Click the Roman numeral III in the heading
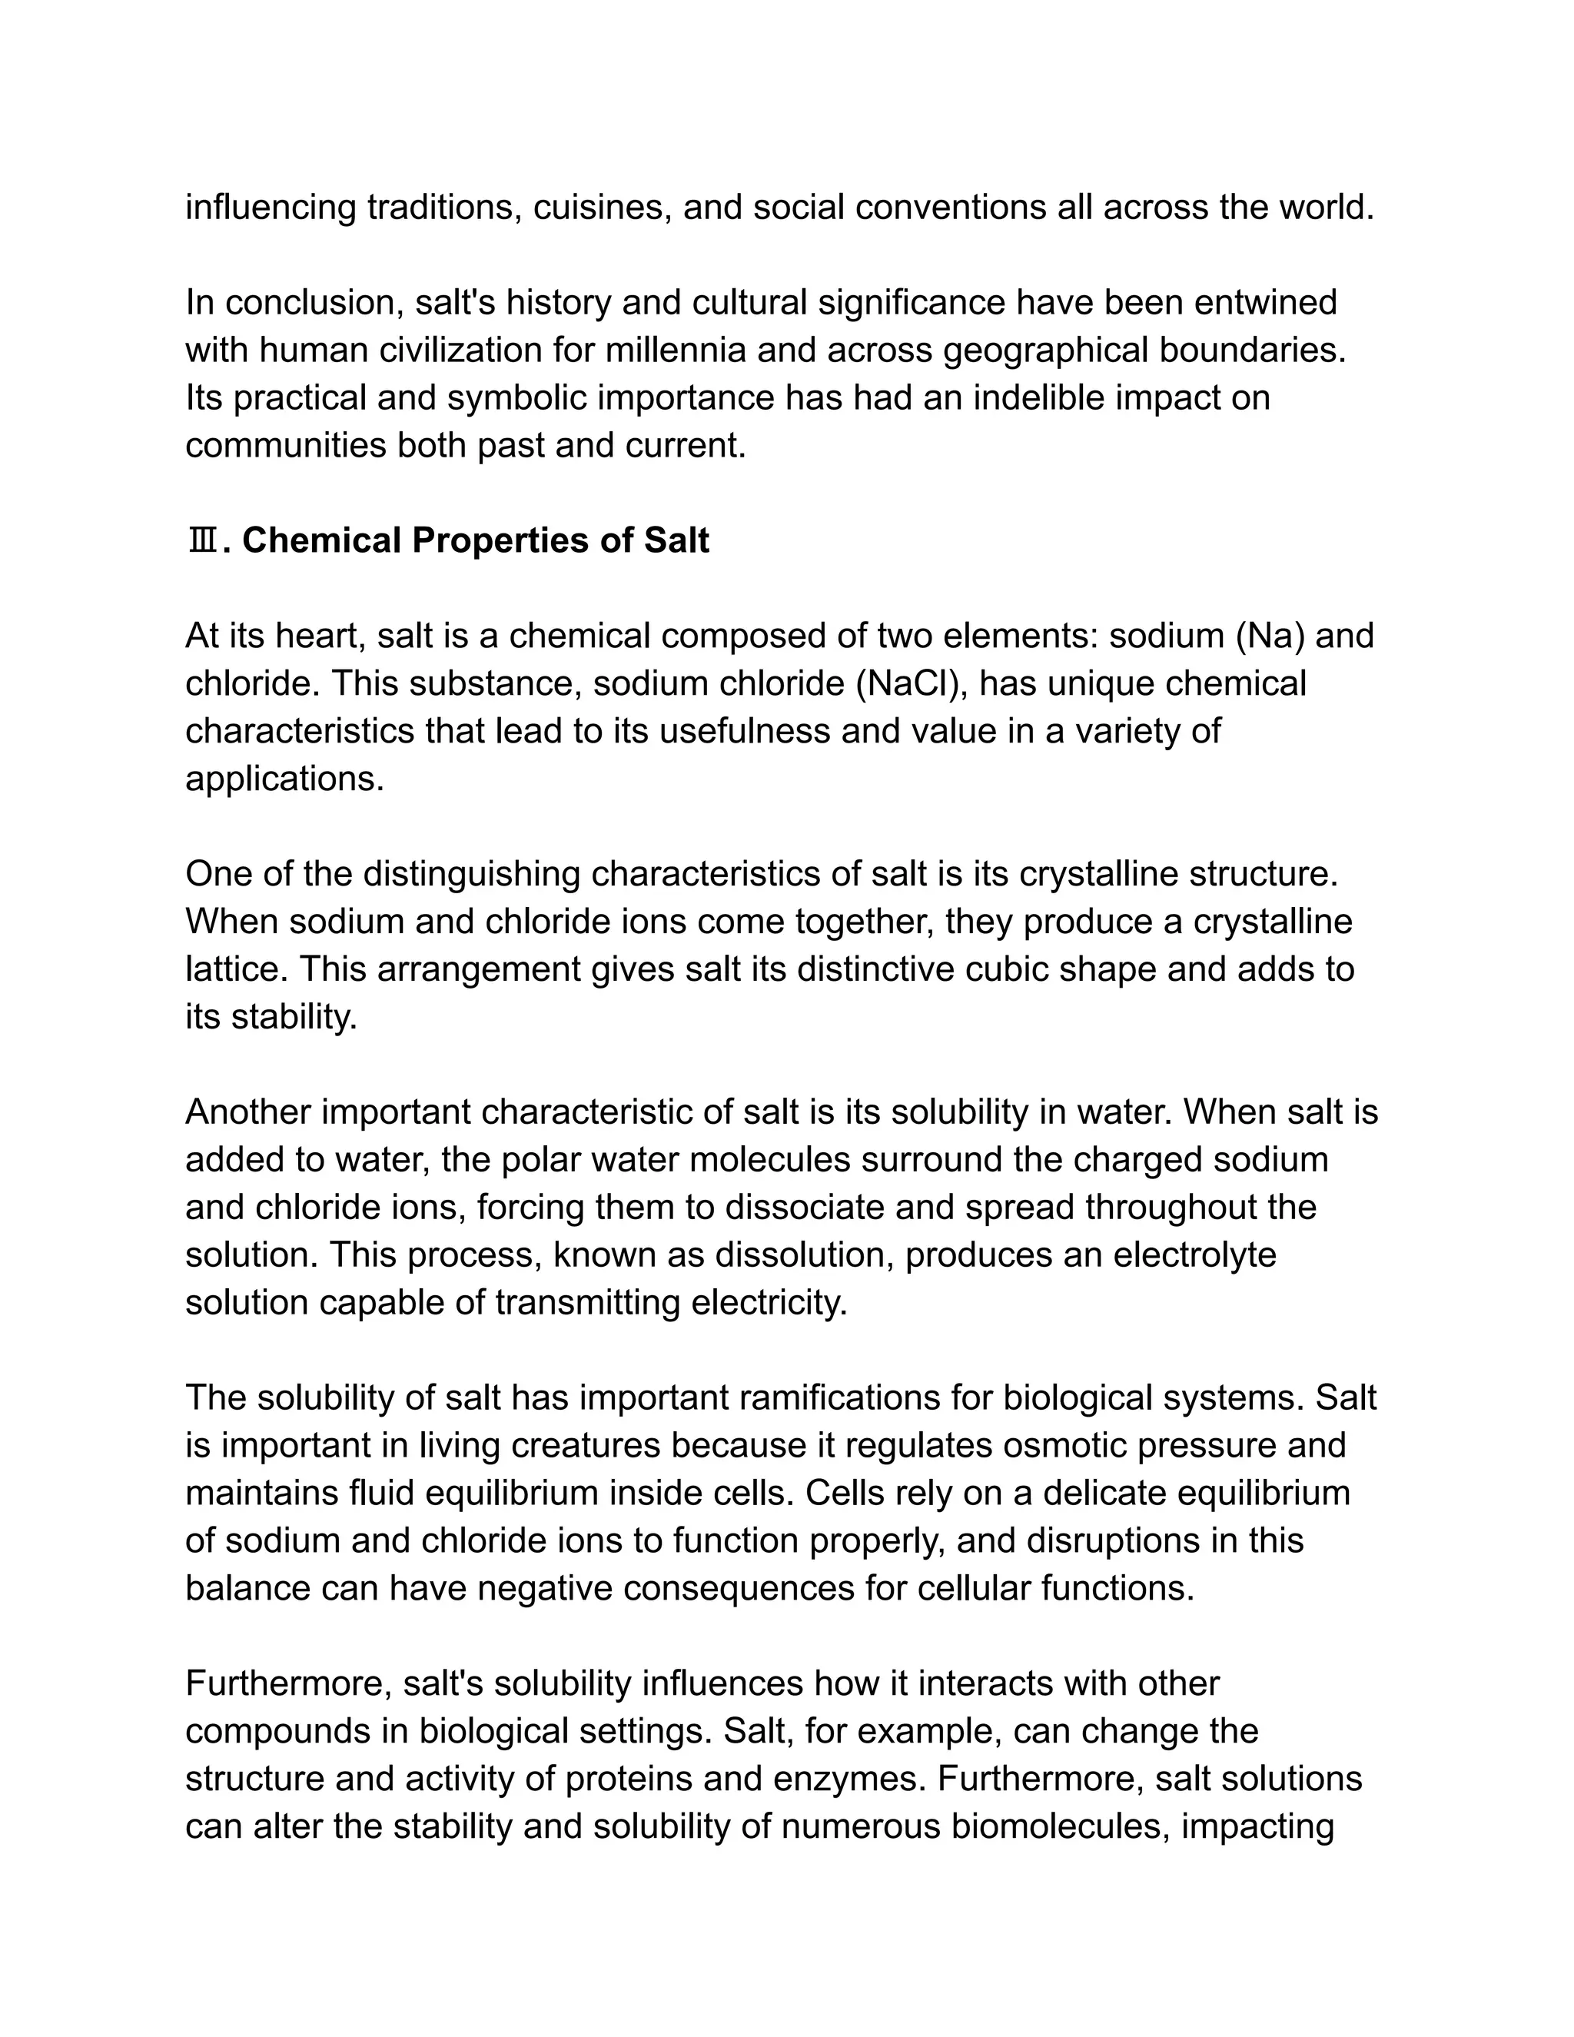[x=202, y=541]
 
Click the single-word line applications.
[x=284, y=779]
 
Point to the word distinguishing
[x=472, y=874]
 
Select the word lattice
[x=236, y=969]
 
